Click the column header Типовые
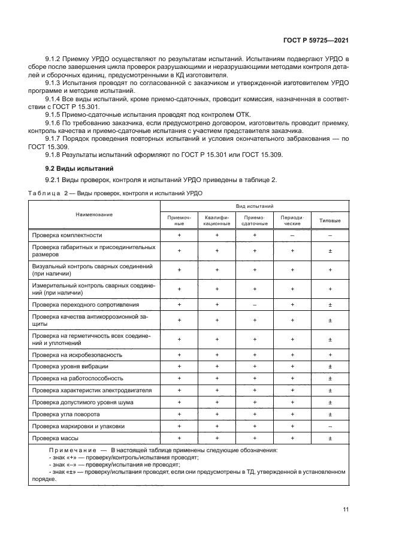click(330, 220)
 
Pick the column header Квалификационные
click(217, 220)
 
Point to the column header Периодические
click(292, 220)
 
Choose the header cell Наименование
click(94, 214)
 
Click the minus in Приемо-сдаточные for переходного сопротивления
click(255, 305)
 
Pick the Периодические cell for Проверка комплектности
click(292, 235)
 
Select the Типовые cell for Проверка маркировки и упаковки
click(330, 426)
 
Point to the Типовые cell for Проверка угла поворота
click(330, 414)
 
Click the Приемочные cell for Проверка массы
click(179, 438)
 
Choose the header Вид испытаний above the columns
click(255, 206)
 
